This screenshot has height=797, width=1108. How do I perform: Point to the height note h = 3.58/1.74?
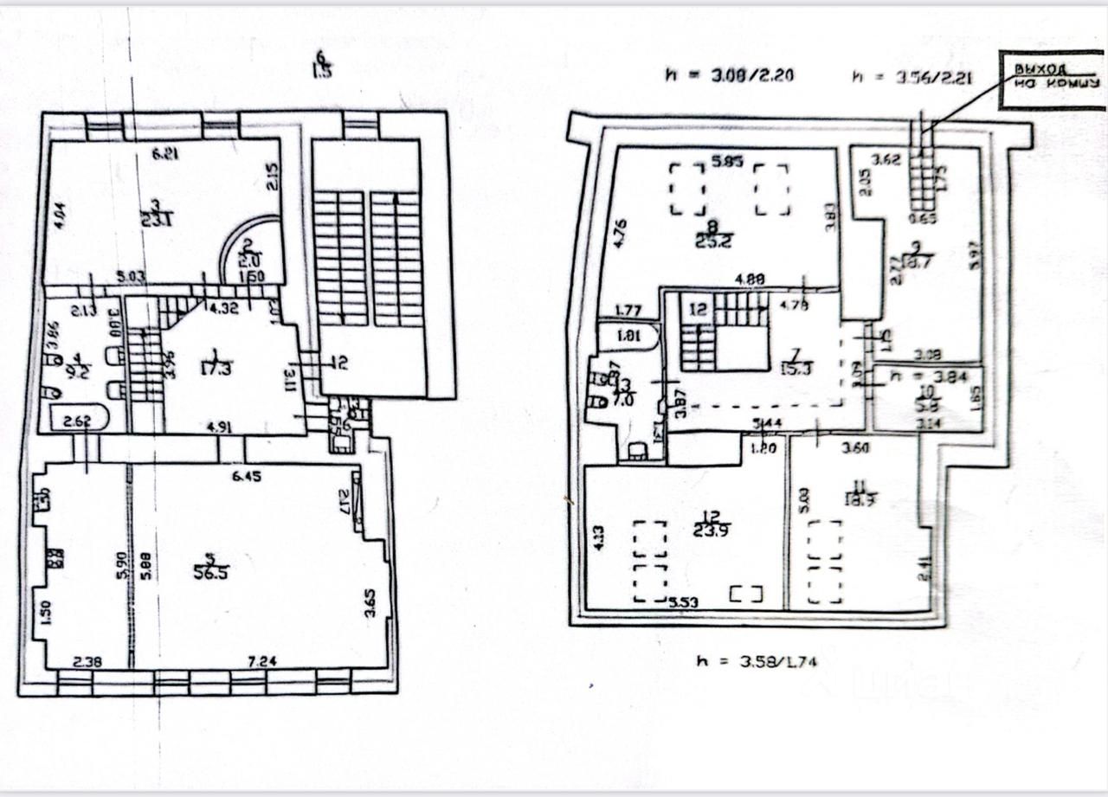coord(757,663)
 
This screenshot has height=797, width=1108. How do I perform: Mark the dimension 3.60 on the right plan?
coord(855,449)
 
